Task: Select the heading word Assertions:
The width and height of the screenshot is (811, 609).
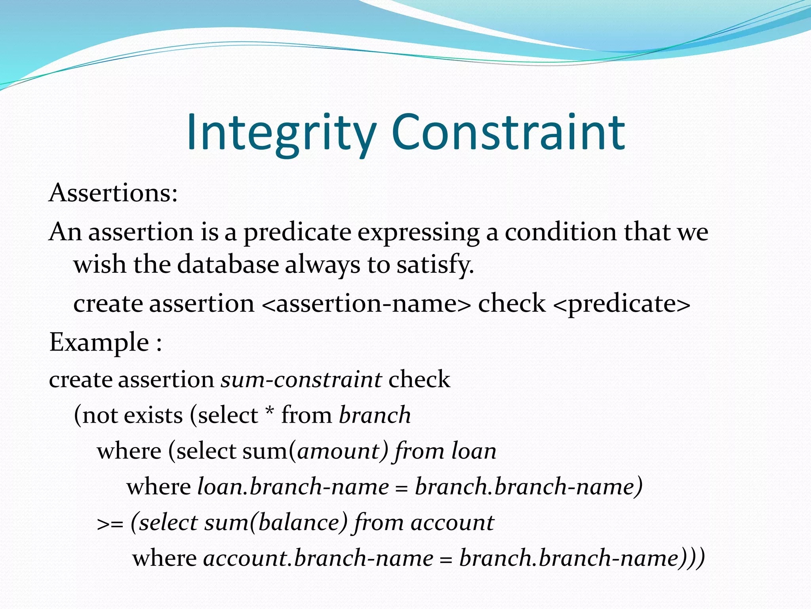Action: [113, 193]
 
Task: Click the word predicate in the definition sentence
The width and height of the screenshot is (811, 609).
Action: [297, 232]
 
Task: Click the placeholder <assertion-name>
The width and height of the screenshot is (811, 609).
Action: [366, 304]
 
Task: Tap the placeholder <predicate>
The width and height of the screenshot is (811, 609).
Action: [621, 304]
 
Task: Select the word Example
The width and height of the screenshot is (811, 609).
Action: [99, 342]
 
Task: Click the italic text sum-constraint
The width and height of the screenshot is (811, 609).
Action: [301, 379]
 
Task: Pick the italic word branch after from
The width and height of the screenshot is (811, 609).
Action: [375, 415]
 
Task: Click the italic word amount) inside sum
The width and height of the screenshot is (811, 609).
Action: [342, 451]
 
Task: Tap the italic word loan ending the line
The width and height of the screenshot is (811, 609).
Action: [474, 451]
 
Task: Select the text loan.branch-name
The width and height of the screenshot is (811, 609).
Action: [293, 486]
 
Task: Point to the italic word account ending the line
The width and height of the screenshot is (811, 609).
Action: [452, 523]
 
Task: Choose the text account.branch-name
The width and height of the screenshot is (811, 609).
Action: [318, 558]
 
